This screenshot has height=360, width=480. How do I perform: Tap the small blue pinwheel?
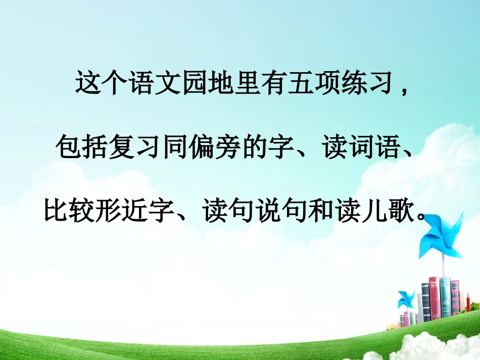tap(406, 298)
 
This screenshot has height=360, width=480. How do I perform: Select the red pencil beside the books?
tap(468, 306)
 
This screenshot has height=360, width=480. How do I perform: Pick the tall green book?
tap(445, 297)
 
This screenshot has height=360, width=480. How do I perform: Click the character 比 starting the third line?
tap(54, 212)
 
